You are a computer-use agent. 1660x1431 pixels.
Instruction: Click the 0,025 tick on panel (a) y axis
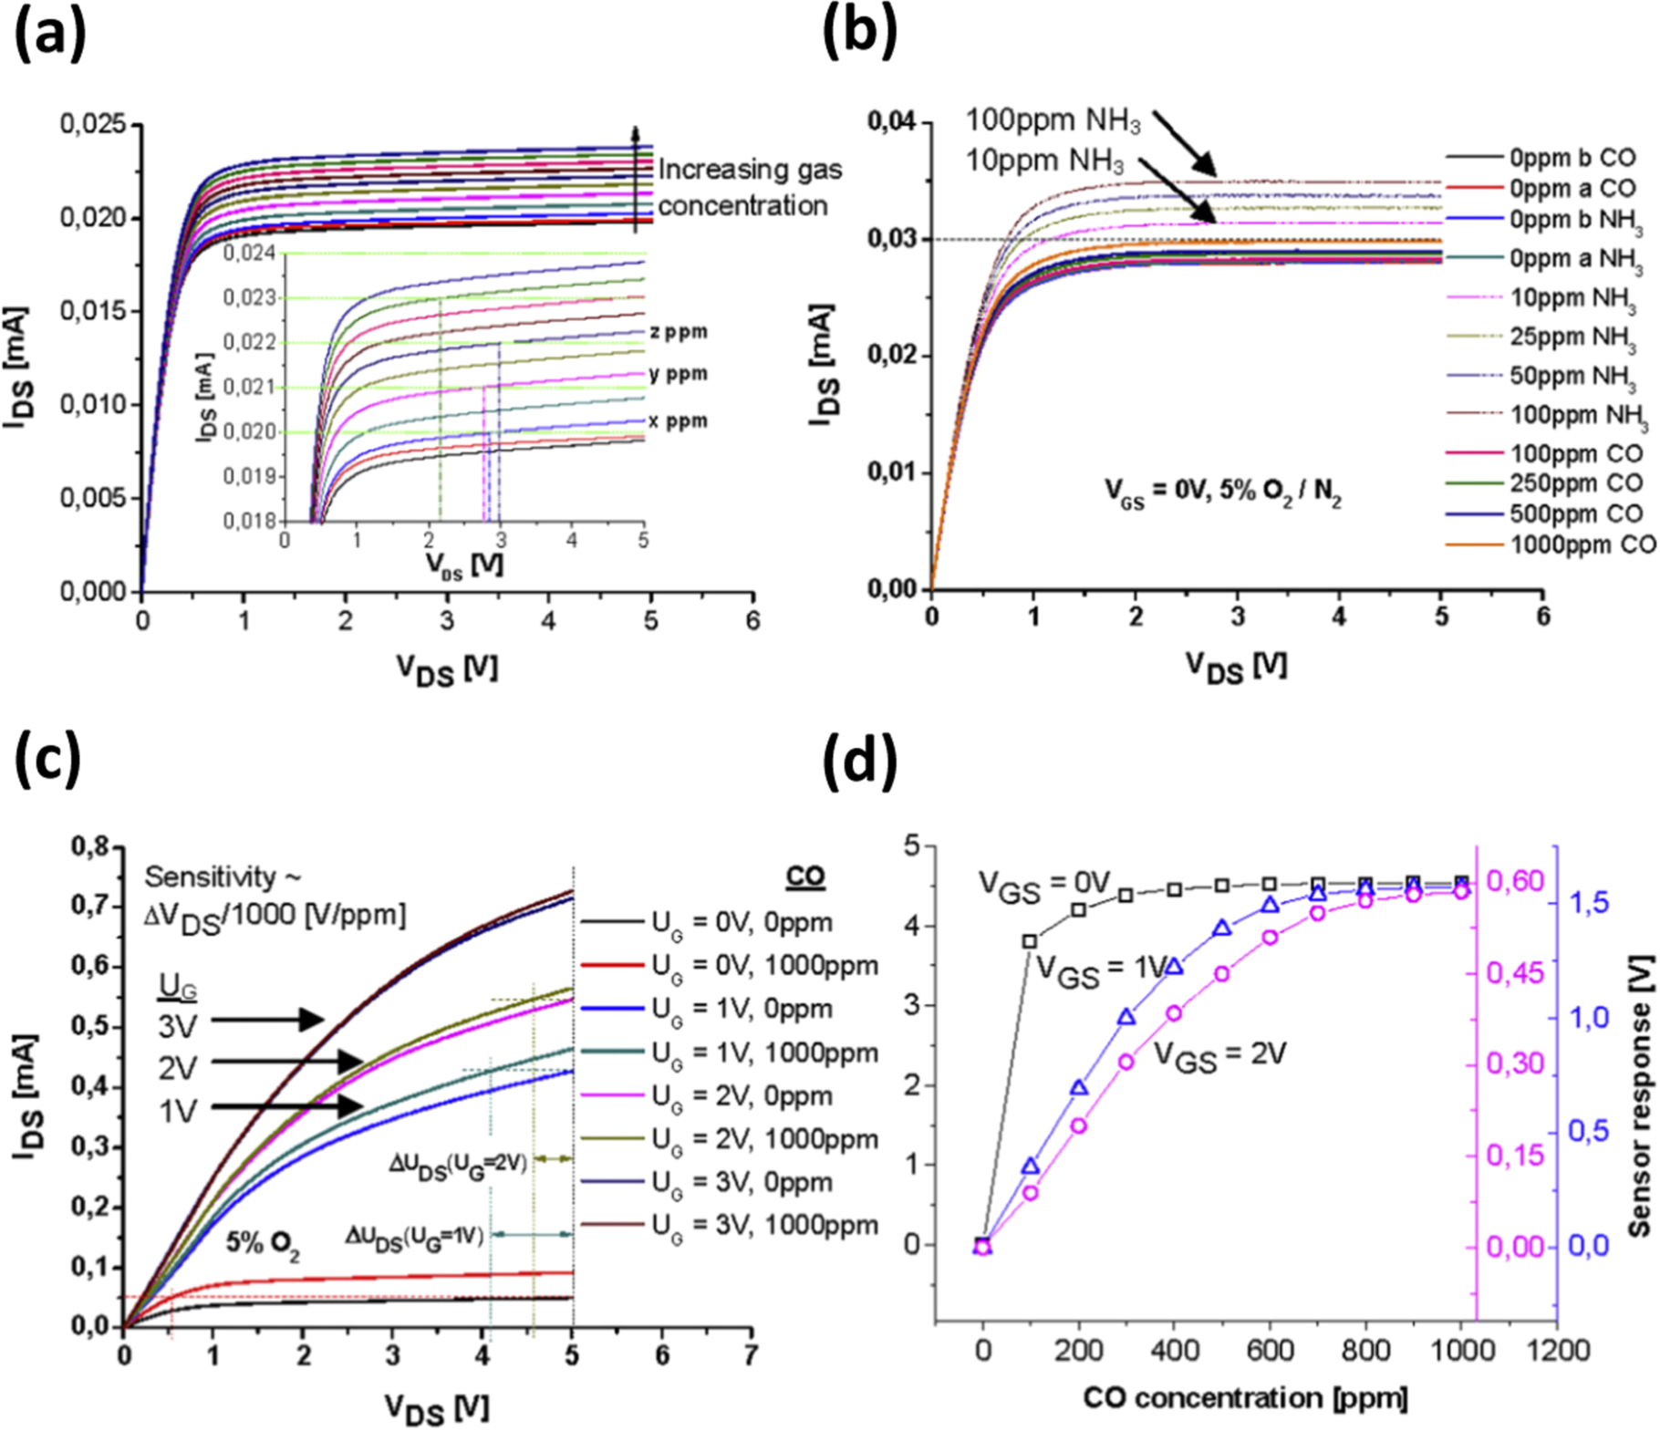pos(93,123)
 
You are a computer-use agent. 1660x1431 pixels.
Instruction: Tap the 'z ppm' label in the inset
pos(678,332)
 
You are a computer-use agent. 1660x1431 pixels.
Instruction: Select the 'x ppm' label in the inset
pos(678,421)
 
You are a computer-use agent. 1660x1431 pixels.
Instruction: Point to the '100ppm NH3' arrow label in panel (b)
pos(1053,120)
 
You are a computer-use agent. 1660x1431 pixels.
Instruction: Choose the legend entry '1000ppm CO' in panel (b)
pos(1582,545)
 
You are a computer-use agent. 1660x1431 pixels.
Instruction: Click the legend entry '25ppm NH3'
pos(1572,337)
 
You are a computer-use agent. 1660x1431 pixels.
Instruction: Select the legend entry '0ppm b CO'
pos(1572,158)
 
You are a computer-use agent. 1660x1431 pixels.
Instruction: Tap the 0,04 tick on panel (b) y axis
pos(891,121)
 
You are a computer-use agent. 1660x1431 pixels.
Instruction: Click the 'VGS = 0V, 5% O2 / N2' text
pos(1222,493)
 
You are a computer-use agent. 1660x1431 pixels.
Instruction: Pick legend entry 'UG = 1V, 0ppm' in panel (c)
pos(741,1009)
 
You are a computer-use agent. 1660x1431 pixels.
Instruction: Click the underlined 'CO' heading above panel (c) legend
pos(804,876)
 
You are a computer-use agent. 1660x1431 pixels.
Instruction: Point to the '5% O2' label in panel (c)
pos(263,1244)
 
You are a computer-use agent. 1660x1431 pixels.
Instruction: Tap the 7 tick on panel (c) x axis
pos(750,1355)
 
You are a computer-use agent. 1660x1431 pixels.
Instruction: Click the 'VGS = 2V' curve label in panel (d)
pos(1219,1055)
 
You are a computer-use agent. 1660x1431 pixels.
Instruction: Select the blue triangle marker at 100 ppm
pos(1031,1167)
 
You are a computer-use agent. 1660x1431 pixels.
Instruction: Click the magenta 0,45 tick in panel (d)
pos(1515,973)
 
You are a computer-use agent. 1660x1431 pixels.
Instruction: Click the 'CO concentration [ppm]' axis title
pos(1244,1398)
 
